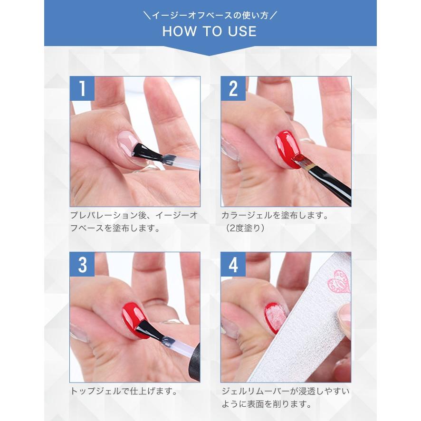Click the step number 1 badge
click(x=82, y=88)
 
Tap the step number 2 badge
click(x=233, y=88)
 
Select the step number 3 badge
click(x=82, y=264)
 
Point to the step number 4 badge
click(x=233, y=264)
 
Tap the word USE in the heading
click(x=242, y=31)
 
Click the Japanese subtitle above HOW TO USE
click(x=210, y=16)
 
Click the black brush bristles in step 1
click(x=146, y=152)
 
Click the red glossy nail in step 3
click(x=134, y=319)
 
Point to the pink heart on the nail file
click(x=339, y=281)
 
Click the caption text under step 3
click(x=124, y=391)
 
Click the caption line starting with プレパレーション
click(x=134, y=215)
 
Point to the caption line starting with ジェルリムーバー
click(x=286, y=391)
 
